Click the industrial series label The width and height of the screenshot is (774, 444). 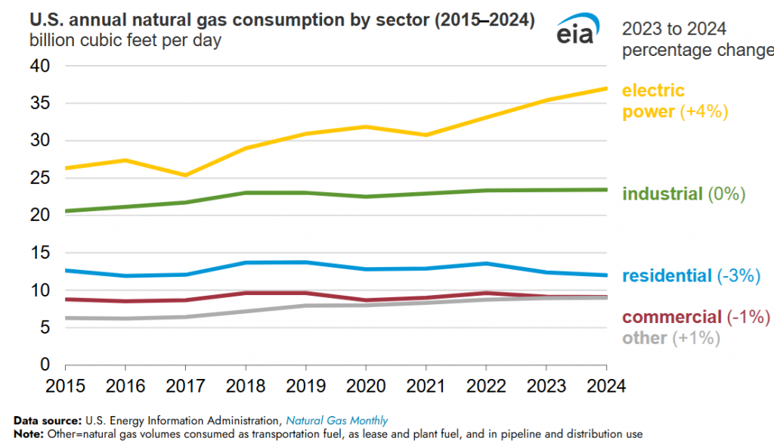pyautogui.click(x=662, y=194)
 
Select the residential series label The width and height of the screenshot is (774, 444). pyautogui.click(x=667, y=276)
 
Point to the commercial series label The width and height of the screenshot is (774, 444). pyautogui.click(x=671, y=317)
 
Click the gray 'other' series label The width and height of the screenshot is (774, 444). pyautogui.click(x=644, y=338)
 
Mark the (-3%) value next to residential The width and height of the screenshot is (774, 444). pyautogui.click(x=738, y=276)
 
